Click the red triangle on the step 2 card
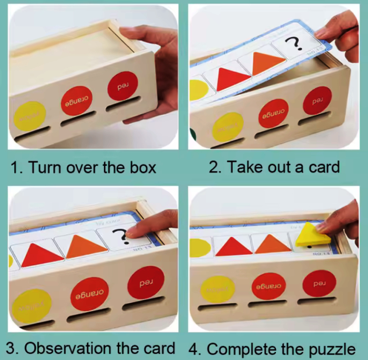coord(227,78)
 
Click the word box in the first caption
coord(141,167)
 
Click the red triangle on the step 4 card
coord(231,245)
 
